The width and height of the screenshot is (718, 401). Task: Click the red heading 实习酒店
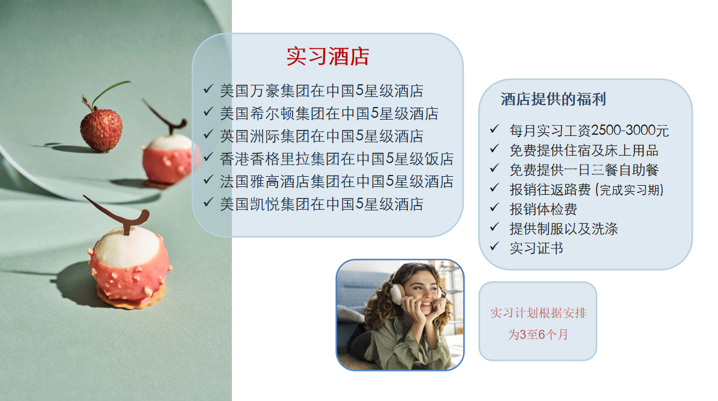328,57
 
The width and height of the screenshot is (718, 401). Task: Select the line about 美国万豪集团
321,91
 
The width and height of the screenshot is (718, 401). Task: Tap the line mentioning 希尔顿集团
329,113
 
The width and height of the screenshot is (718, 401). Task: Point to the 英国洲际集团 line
321,136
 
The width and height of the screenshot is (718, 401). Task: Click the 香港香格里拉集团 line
336,159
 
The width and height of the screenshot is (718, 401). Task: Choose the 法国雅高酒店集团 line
336,181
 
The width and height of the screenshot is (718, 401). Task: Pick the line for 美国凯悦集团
321,204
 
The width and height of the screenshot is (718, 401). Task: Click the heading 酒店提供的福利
553,99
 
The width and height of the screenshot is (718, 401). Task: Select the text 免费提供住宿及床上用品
584,150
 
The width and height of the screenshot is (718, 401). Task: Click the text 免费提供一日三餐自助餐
584,170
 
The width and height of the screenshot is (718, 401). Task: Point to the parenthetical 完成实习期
630,190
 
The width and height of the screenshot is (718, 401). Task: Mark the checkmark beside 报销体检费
494,207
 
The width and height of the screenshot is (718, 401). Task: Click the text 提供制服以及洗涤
564,228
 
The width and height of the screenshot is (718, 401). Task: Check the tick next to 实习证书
494,246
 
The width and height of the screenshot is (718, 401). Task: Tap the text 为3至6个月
538,334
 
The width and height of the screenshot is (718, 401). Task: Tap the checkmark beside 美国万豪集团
208,89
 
